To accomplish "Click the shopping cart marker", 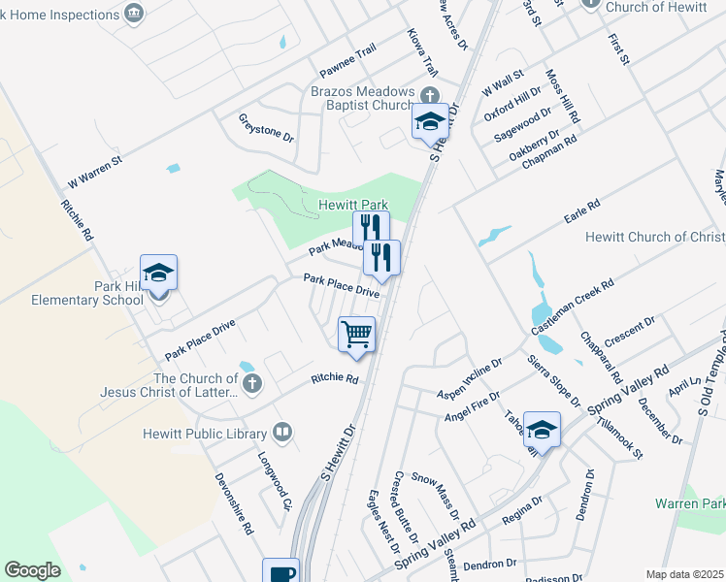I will tap(357, 334).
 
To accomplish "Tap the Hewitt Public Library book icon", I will tap(283, 432).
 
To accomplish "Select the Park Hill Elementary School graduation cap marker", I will tap(158, 274).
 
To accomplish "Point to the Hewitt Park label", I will tap(353, 206).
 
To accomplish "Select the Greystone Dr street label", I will tap(266, 128).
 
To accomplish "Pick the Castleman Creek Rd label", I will tap(573, 307).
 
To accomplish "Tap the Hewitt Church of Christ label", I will tap(655, 238).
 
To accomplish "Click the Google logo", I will tap(33, 570).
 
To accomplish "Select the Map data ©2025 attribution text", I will tap(684, 574).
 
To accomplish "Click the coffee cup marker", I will tap(281, 572).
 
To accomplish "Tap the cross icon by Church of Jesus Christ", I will tap(251, 381).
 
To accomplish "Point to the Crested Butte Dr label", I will tap(405, 507).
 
